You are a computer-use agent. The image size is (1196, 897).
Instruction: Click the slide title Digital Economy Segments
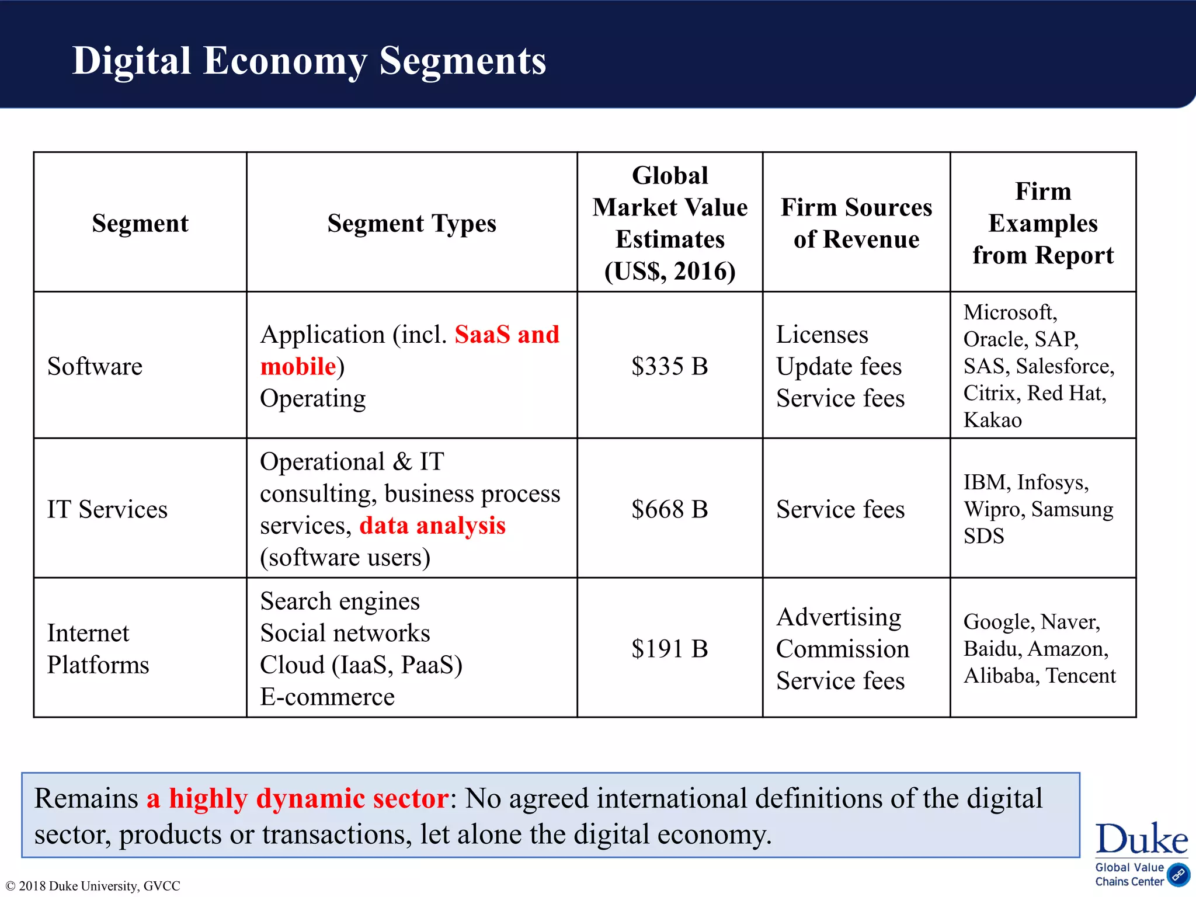point(309,61)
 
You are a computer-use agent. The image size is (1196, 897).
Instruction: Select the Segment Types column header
point(412,223)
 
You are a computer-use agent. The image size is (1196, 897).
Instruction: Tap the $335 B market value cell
point(669,367)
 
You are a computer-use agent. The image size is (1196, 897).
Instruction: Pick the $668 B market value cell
point(669,509)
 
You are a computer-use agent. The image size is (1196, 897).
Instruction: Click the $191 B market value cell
point(669,649)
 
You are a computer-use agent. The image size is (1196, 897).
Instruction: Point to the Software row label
point(95,367)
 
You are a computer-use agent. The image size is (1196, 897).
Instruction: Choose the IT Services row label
point(107,509)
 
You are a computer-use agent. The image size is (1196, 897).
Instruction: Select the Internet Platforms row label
point(98,649)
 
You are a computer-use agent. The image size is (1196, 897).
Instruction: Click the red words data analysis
point(432,526)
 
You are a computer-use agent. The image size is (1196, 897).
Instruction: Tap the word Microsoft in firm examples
point(1010,312)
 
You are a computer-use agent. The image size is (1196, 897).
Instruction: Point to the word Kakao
point(992,420)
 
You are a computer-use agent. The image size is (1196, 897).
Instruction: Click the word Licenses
point(822,335)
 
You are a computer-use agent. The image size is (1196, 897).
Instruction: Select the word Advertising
point(839,617)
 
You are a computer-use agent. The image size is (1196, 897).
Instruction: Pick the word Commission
point(842,649)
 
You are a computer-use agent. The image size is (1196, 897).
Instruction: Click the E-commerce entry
point(327,697)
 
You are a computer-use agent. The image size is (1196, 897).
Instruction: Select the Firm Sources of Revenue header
point(856,223)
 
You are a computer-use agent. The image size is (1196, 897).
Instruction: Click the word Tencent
point(1080,676)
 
